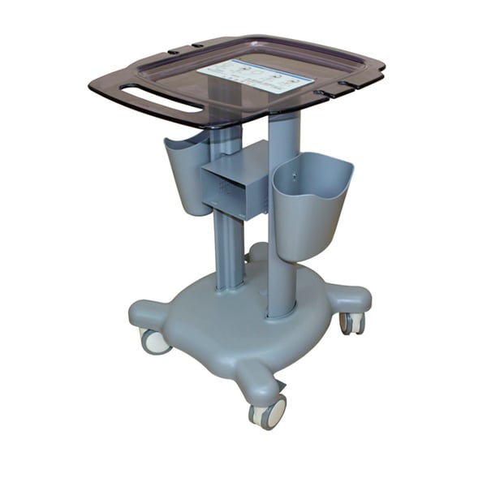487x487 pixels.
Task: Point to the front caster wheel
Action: tap(269, 412)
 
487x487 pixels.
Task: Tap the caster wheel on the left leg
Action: tap(154, 341)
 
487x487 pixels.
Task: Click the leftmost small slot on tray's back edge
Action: tap(174, 52)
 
